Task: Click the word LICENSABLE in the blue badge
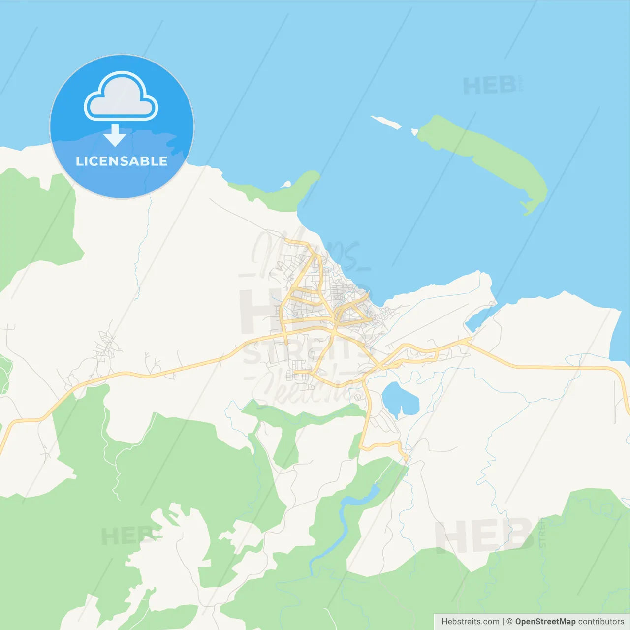point(122,161)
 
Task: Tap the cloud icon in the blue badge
point(121,97)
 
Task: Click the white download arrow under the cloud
point(115,135)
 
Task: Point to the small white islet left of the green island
point(386,122)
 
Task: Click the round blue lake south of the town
point(399,398)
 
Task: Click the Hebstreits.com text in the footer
point(470,622)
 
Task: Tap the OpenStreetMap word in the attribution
point(545,622)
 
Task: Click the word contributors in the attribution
point(601,622)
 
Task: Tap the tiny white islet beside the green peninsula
point(286,185)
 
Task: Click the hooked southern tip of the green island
point(527,208)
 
